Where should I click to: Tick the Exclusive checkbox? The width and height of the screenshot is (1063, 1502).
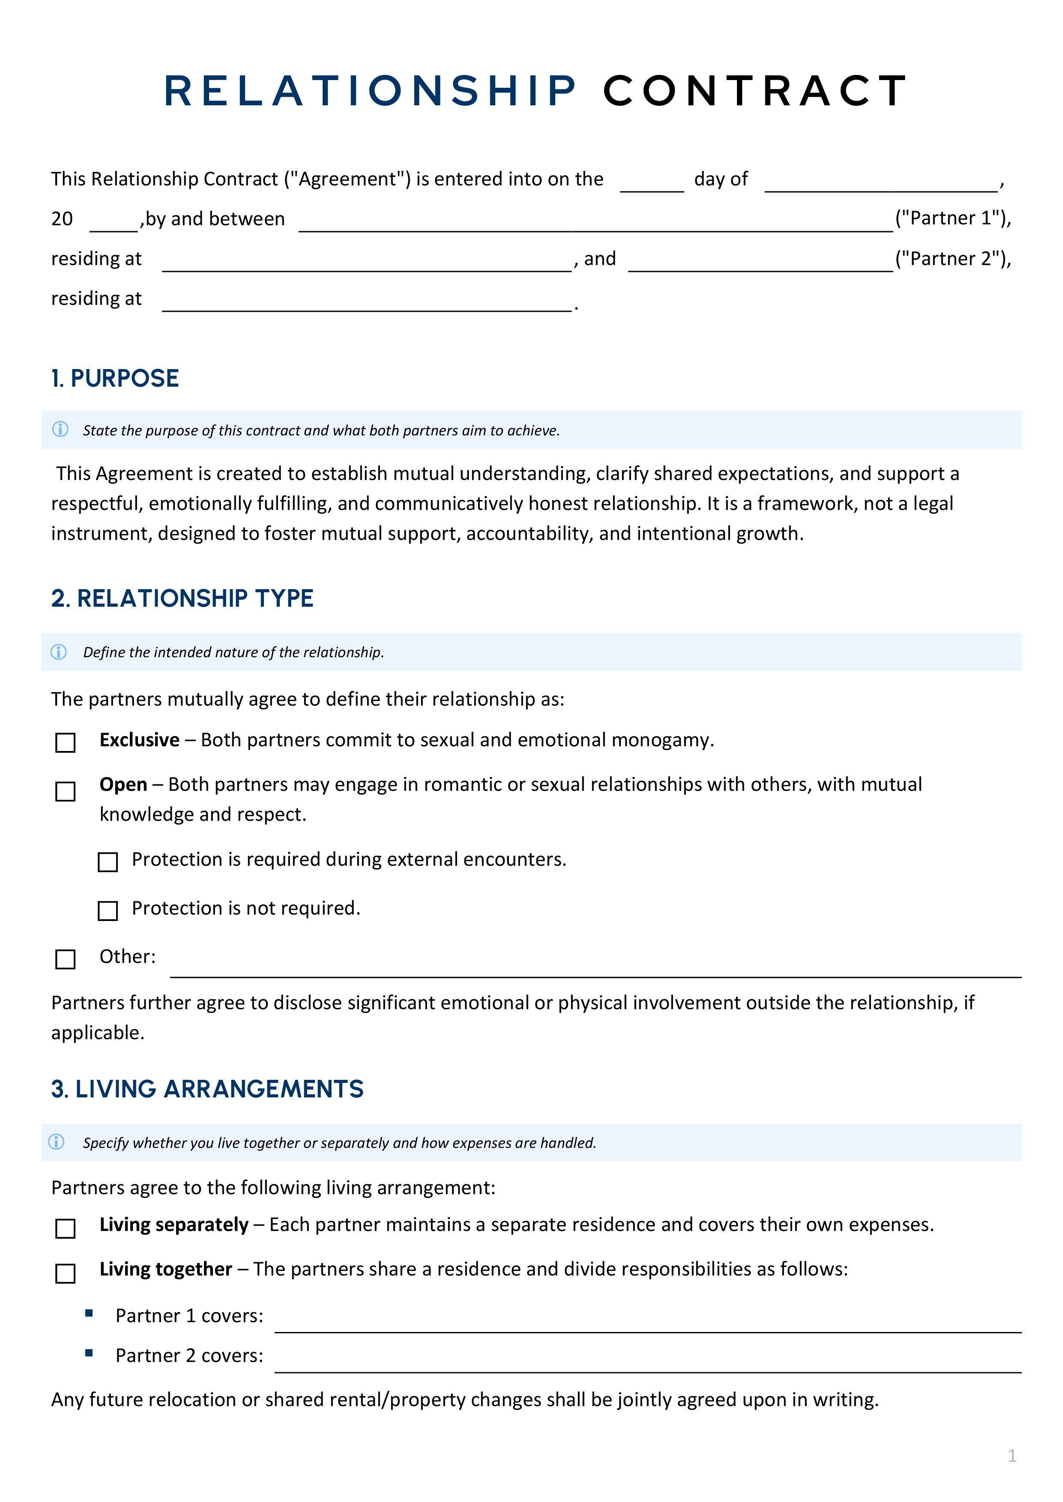pyautogui.click(x=66, y=742)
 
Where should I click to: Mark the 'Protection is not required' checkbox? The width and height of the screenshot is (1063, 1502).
pyautogui.click(x=108, y=911)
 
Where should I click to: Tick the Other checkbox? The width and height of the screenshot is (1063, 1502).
pyautogui.click(x=66, y=959)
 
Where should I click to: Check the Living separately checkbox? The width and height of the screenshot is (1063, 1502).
pyautogui.click(x=66, y=1228)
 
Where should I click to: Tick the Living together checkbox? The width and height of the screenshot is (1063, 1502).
pyautogui.click(x=66, y=1273)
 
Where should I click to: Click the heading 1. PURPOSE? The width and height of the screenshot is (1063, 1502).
pyautogui.click(x=115, y=378)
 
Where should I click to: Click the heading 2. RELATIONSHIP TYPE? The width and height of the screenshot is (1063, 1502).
pyautogui.click(x=182, y=598)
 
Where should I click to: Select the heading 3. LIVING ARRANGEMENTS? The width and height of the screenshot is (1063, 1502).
pyautogui.click(x=207, y=1088)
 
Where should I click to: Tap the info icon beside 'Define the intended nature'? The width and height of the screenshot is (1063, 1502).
pyautogui.click(x=59, y=652)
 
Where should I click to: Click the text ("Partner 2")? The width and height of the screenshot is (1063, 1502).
pyautogui.click(x=952, y=259)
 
